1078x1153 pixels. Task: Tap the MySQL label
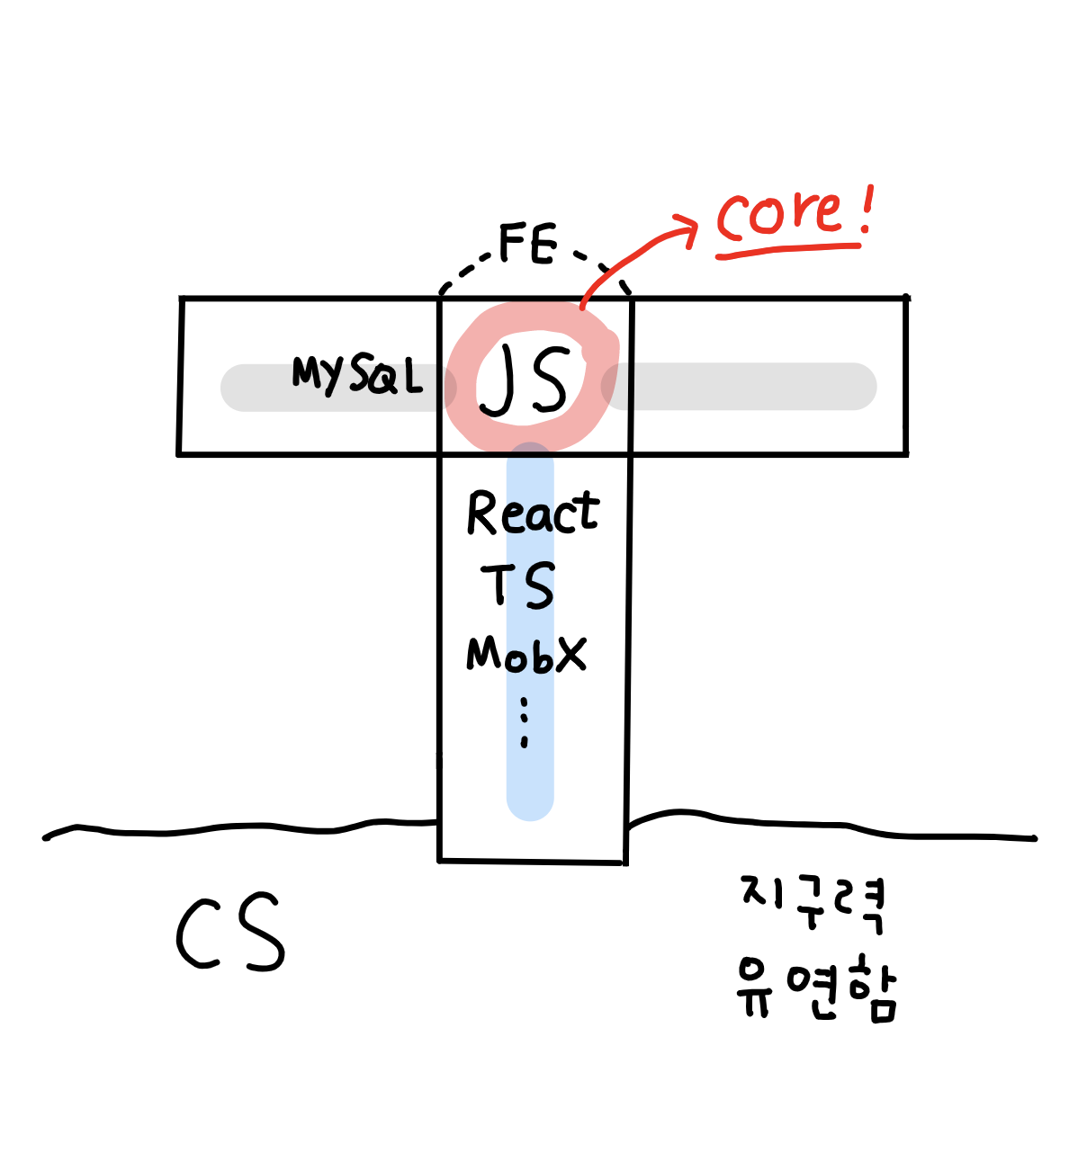click(357, 374)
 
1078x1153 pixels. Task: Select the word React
click(533, 514)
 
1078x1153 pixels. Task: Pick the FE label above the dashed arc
click(528, 245)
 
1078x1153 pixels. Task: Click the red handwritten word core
click(779, 217)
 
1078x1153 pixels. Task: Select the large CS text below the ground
click(230, 934)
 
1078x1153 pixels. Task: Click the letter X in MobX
click(570, 654)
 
